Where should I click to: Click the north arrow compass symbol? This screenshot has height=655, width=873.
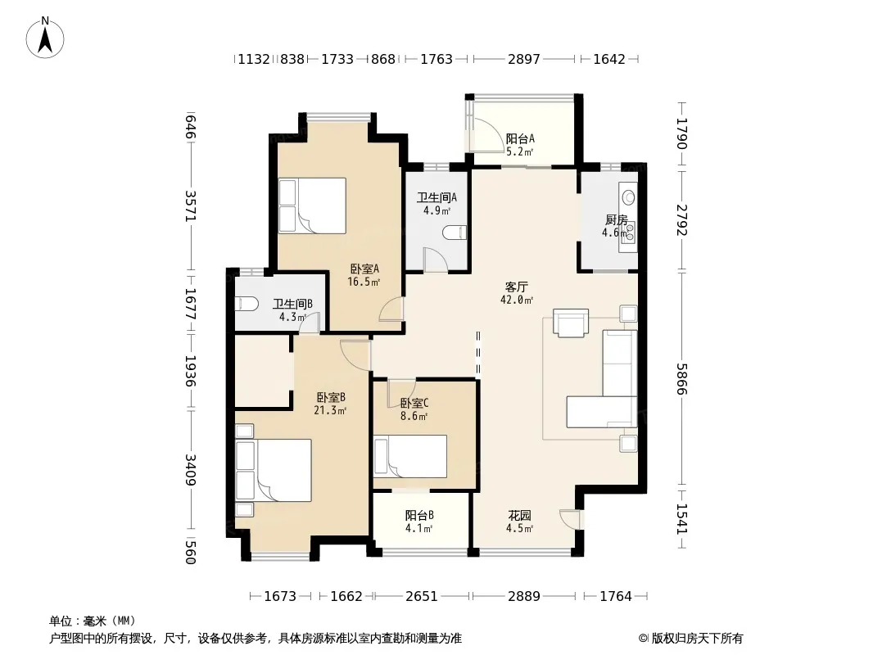[x=45, y=38]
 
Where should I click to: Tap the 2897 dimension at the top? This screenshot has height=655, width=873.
[x=524, y=59]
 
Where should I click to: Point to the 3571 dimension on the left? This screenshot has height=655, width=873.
[x=191, y=206]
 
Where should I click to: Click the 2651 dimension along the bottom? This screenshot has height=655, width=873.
[x=422, y=596]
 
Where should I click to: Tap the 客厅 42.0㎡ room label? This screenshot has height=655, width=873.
[x=517, y=293]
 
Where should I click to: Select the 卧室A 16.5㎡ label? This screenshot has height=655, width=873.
[x=364, y=275]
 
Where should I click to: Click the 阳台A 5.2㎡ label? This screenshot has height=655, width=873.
[x=520, y=145]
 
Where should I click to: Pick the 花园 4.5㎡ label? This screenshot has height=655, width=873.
[x=519, y=522]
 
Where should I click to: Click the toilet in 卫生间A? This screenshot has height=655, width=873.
[x=455, y=233]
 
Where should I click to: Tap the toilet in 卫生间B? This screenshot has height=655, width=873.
[x=247, y=304]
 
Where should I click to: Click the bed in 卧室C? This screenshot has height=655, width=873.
[x=410, y=456]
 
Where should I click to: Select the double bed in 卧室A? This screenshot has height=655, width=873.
[x=312, y=206]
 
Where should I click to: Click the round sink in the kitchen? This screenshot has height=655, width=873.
[x=629, y=197]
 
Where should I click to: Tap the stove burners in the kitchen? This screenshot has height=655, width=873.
[x=630, y=233]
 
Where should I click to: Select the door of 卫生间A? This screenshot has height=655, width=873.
[x=436, y=260]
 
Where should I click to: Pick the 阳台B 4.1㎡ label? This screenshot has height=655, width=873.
[x=419, y=522]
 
